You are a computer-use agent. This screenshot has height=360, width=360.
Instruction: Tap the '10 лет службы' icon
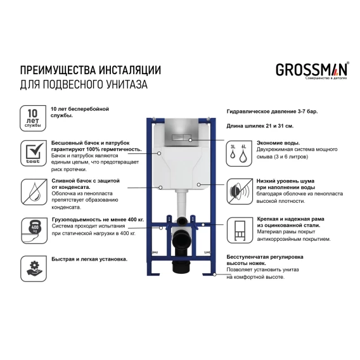[33, 119]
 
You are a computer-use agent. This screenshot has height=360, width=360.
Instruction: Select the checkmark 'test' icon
[34, 153]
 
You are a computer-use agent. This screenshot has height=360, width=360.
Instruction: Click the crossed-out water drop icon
[34, 192]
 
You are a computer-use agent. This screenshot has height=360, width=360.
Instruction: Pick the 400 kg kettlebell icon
[34, 231]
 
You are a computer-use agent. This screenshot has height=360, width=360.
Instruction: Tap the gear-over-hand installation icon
[34, 269]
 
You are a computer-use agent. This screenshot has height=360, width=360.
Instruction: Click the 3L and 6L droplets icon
[239, 153]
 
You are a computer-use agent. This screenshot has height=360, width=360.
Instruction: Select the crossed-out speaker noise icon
[240, 191]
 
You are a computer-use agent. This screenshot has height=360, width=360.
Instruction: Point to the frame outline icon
[240, 230]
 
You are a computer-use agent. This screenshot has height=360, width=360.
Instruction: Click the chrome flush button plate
[181, 132]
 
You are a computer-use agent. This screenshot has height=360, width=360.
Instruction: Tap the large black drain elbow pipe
[182, 243]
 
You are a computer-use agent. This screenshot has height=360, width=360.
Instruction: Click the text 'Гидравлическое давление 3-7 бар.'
[273, 112]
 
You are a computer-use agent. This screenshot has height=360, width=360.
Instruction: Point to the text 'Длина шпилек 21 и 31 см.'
[260, 126]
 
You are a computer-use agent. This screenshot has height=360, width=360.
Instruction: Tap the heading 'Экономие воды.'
[278, 143]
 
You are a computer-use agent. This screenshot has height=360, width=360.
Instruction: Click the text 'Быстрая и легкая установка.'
[89, 259]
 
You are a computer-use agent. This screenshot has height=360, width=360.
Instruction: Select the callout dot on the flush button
[190, 140]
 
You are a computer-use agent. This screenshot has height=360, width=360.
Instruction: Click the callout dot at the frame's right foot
[214, 274]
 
